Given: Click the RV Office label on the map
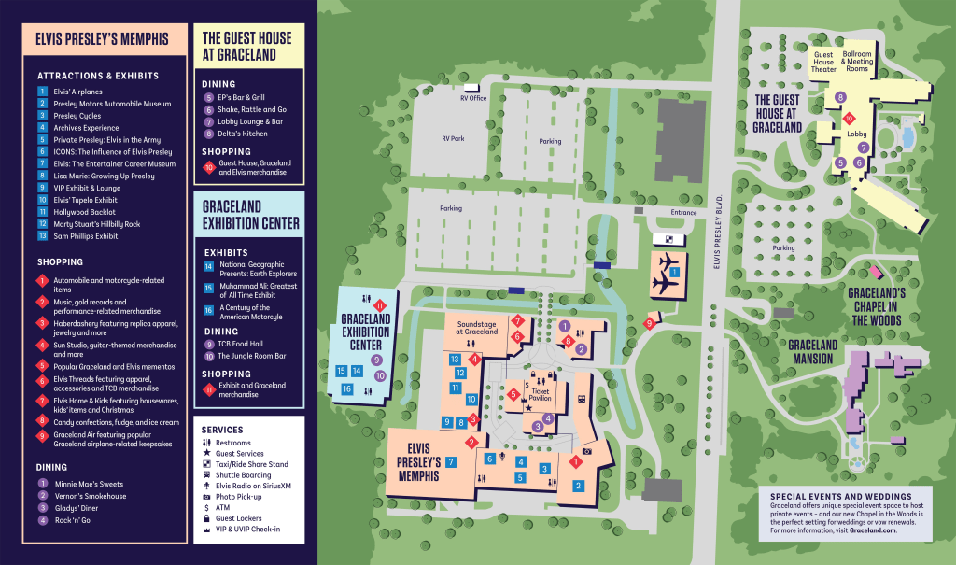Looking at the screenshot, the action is (473, 98).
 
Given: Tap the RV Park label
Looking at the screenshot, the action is (453, 138).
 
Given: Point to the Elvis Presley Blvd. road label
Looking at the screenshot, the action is (717, 232).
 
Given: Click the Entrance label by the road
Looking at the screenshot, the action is (683, 212).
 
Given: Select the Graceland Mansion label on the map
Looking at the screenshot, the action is (813, 352).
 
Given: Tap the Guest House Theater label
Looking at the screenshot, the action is (823, 62).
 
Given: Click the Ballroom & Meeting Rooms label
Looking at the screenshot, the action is (857, 61).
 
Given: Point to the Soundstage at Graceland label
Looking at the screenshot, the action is (477, 328).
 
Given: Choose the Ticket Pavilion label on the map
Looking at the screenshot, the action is (541, 394).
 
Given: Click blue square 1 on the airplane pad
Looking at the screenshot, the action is (674, 272).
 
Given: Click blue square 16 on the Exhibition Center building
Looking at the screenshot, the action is (347, 388).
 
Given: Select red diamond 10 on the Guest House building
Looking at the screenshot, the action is (849, 119).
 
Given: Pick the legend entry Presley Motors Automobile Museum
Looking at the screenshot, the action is (112, 104).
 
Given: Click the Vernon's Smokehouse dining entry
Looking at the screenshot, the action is (91, 496).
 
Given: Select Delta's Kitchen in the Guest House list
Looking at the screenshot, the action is (243, 134).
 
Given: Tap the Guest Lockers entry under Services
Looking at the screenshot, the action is (238, 518).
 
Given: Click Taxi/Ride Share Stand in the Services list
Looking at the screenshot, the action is (252, 464).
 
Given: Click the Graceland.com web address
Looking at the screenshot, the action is (873, 530).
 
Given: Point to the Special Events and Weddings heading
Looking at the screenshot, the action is (841, 497).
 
